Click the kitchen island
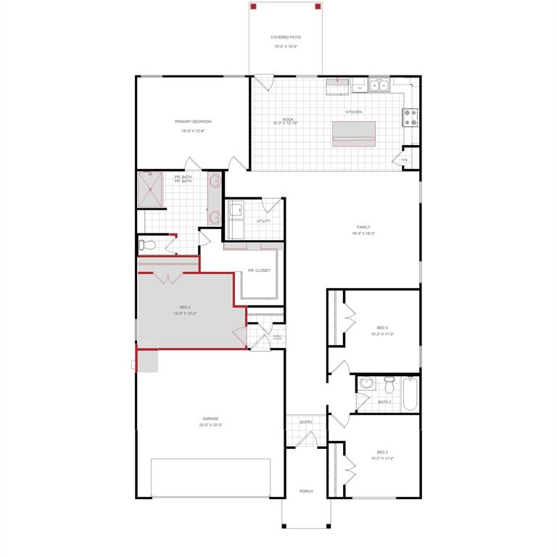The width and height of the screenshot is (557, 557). [354, 133]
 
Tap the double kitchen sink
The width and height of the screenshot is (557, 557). [379, 86]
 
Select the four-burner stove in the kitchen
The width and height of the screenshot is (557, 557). [410, 117]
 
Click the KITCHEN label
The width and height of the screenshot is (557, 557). [353, 112]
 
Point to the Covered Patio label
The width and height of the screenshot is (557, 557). [286, 37]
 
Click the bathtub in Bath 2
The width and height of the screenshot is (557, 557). [410, 393]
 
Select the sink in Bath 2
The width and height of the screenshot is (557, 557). [366, 383]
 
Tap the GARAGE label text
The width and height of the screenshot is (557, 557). [210, 418]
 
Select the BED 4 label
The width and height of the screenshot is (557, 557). [185, 307]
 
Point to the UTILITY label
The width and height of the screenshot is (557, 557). [263, 220]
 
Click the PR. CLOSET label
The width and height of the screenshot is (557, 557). [259, 271]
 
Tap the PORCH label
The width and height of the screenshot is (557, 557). [306, 491]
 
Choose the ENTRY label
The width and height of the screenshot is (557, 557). [306, 422]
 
